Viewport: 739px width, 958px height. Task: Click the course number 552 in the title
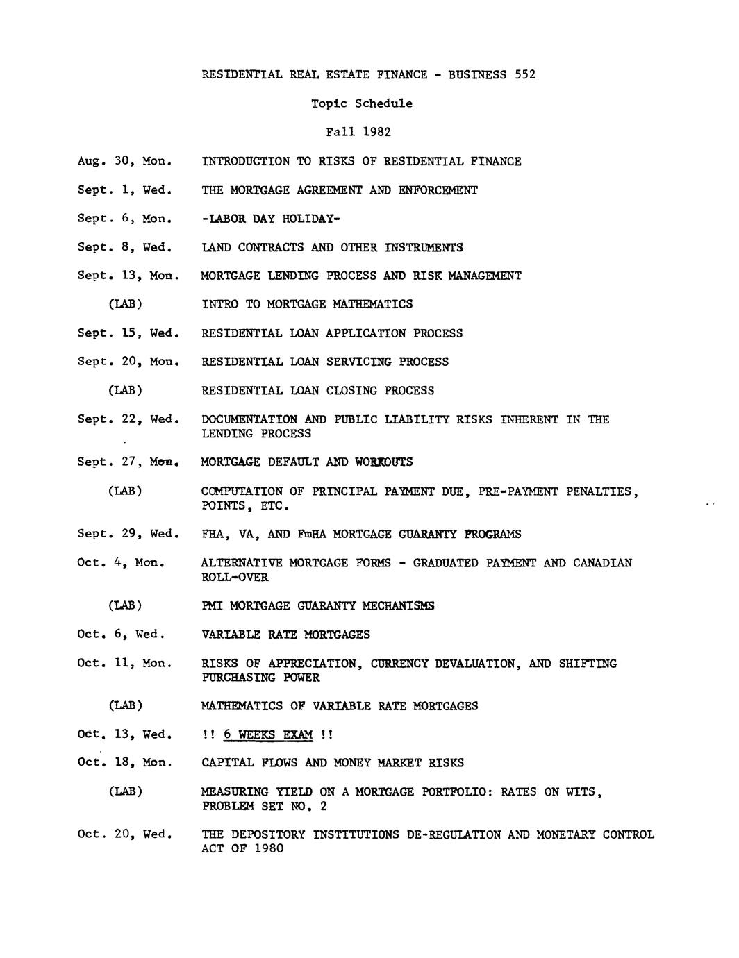pyautogui.click(x=525, y=74)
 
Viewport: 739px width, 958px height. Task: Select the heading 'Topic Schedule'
pyautogui.click(x=361, y=103)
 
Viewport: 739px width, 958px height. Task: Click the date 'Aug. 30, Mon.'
pyautogui.click(x=124, y=161)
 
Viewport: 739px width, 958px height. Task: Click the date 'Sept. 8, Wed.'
pyautogui.click(x=124, y=247)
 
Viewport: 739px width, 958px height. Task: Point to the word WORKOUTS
pyautogui.click(x=383, y=462)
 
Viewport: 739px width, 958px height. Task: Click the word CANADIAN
pyautogui.click(x=602, y=563)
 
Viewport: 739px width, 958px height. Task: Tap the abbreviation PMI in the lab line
pyautogui.click(x=212, y=606)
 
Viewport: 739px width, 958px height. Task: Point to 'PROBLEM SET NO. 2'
pyautogui.click(x=264, y=807)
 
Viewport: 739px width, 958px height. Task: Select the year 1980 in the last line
pyautogui.click(x=269, y=849)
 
